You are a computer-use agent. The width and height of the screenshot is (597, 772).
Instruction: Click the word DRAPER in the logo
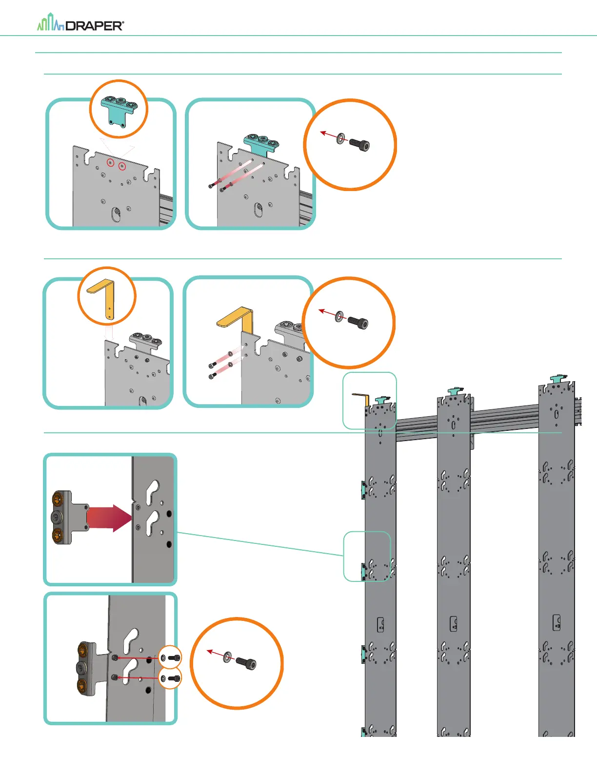coord(95,26)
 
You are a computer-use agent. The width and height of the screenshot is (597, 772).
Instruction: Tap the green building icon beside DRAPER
coord(51,23)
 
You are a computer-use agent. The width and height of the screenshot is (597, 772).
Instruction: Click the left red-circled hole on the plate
coord(111,162)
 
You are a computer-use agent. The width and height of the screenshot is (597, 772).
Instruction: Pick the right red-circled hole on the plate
coord(122,167)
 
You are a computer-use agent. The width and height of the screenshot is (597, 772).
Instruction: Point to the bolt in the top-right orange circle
coord(360,144)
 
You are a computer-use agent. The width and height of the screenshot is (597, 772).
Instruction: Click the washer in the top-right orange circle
coord(341,139)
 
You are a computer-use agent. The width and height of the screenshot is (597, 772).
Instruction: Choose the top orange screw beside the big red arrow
coord(58,499)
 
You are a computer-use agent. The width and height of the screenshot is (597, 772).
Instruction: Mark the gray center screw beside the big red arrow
coord(57,517)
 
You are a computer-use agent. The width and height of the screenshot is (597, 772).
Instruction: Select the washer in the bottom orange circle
coord(228,658)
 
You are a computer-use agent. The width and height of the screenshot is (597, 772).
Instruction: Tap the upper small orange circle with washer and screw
coord(170,657)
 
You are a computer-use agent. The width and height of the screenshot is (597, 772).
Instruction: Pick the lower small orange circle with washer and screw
coord(170,678)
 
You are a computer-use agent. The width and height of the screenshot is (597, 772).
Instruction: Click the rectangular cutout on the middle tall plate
coord(453,623)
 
